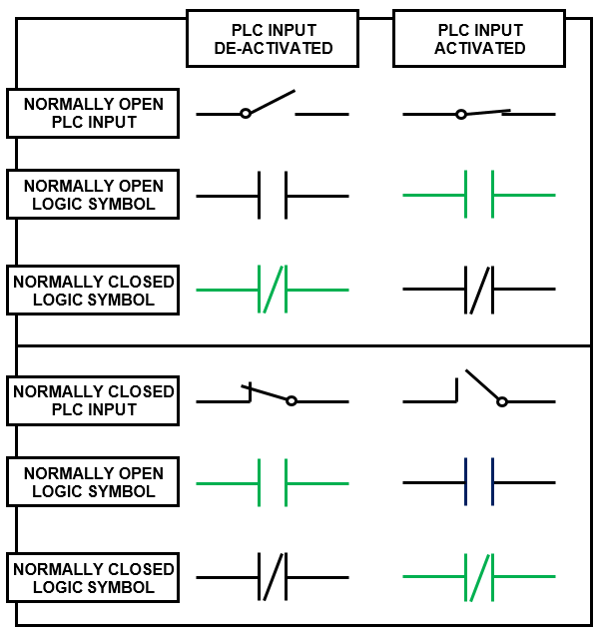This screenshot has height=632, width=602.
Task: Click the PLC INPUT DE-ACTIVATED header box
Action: (x=273, y=39)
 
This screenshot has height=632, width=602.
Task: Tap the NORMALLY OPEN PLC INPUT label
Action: (x=93, y=113)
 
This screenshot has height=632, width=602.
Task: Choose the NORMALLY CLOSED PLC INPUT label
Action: (x=93, y=400)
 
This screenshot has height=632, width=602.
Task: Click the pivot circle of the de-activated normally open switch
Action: (x=246, y=114)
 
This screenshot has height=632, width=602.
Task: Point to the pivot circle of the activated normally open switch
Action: (x=460, y=114)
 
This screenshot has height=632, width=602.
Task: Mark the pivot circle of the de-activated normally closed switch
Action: (x=291, y=401)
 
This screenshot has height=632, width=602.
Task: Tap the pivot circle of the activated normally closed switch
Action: (x=502, y=401)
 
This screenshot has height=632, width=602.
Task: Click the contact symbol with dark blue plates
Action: (x=479, y=482)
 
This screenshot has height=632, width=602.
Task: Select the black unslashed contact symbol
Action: (x=273, y=195)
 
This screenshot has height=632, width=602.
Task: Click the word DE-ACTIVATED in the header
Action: (x=273, y=48)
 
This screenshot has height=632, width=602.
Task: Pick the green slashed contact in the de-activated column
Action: (x=273, y=290)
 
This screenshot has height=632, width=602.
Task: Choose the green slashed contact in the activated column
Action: (x=479, y=576)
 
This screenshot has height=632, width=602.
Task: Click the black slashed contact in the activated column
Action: (x=479, y=290)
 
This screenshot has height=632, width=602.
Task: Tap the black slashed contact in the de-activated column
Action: (x=273, y=576)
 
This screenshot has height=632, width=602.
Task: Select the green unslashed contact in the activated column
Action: (x=479, y=195)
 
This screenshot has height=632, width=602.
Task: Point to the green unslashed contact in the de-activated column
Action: (x=273, y=482)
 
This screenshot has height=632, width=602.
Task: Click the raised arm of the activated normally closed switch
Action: (x=481, y=385)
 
